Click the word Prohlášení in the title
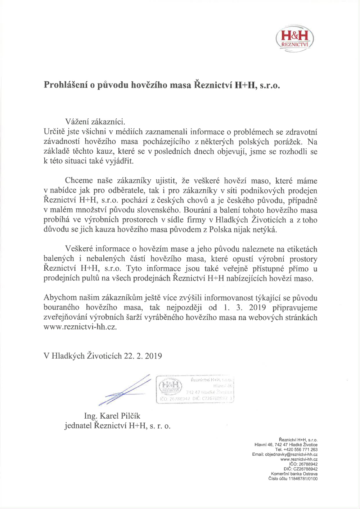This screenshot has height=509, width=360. point(66,85)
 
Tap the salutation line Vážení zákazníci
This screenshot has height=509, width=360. point(95,122)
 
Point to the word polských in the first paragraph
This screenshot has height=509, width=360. point(254,142)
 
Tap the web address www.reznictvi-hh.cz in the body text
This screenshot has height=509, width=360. point(80,327)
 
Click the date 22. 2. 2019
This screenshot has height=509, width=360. point(143,356)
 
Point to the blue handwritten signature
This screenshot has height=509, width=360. point(124,390)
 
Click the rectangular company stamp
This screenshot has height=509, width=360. point(195,389)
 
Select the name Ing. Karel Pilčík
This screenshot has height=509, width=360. point(112,416)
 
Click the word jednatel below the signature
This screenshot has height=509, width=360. point(78,426)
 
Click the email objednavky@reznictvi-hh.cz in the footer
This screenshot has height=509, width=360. point(291,455)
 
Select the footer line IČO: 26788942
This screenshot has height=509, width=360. point(303,464)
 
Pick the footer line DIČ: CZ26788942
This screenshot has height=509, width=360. point(301,469)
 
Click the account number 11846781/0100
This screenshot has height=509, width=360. point(303,479)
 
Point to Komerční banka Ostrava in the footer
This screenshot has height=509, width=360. point(294,474)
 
